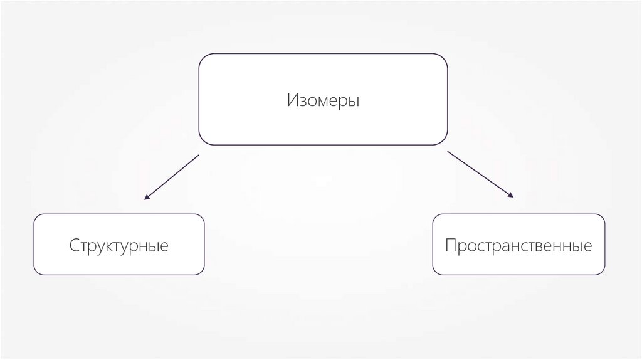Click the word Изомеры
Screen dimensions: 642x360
pyautogui.click(x=324, y=100)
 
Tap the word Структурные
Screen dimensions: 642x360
pyautogui.click(x=119, y=245)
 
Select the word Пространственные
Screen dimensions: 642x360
pyautogui.click(x=518, y=245)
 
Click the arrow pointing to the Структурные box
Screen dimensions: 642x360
pyautogui.click(x=171, y=177)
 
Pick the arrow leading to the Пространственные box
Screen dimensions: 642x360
pyautogui.click(x=480, y=174)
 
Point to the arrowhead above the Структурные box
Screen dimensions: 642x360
pyautogui.click(x=146, y=198)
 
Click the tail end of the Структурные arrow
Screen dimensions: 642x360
pyautogui.click(x=198, y=155)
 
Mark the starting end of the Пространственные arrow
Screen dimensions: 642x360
pyautogui.click(x=448, y=151)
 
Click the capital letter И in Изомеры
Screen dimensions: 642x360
pyautogui.click(x=292, y=100)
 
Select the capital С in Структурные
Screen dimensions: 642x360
pyautogui.click(x=74, y=245)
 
